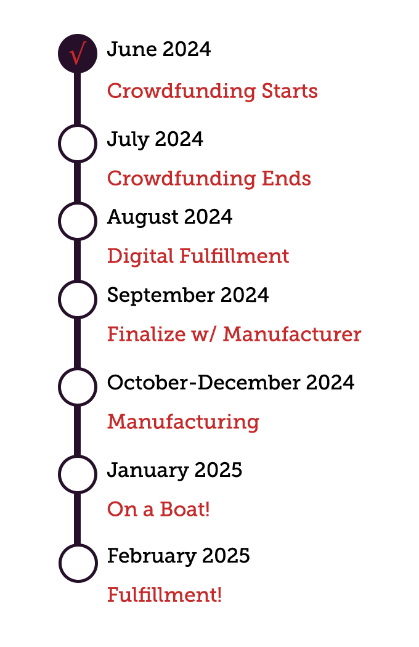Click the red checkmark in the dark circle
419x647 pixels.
pyautogui.click(x=77, y=54)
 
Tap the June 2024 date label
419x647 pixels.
pyautogui.click(x=158, y=49)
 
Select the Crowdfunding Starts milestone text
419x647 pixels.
pyautogui.click(x=213, y=91)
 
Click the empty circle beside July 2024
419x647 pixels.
pyautogui.click(x=78, y=143)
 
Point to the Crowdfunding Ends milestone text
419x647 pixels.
pyautogui.click(x=209, y=179)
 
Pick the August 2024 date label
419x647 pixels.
pyautogui.click(x=169, y=217)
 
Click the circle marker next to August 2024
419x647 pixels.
pyautogui.click(x=78, y=221)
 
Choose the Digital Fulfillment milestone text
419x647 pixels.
pyautogui.click(x=198, y=256)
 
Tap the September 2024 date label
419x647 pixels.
pyautogui.click(x=188, y=295)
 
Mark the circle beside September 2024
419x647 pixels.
pyautogui.click(x=78, y=299)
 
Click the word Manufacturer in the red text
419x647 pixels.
pyautogui.click(x=292, y=335)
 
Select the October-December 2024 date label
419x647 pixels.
pyautogui.click(x=230, y=383)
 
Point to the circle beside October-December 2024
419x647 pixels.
pyautogui.click(x=78, y=386)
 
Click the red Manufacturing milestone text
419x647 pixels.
pyautogui.click(x=183, y=422)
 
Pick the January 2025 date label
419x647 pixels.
pyautogui.click(x=174, y=471)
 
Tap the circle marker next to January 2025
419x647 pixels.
pyautogui.click(x=78, y=474)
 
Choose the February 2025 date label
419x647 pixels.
pyautogui.click(x=178, y=556)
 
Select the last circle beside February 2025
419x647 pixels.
pyautogui.click(x=78, y=563)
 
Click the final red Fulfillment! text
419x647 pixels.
pyautogui.click(x=165, y=596)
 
